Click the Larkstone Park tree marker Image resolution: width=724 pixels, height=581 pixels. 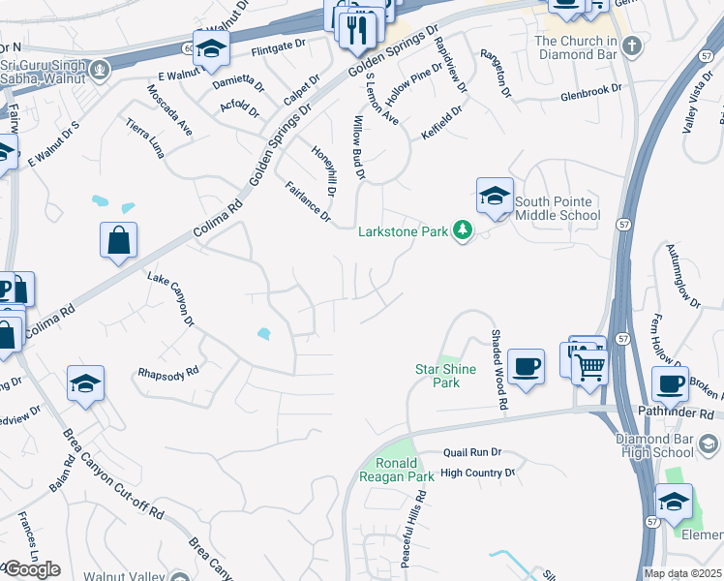(464, 231)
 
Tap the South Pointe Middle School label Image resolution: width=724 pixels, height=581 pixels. (558, 207)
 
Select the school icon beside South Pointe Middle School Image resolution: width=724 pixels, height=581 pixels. (495, 197)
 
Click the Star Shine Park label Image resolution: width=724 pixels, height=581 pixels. (437, 376)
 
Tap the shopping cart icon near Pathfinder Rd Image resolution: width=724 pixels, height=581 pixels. (589, 368)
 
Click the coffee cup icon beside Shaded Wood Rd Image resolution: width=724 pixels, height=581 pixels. (526, 367)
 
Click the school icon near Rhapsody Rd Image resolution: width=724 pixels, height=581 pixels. (85, 383)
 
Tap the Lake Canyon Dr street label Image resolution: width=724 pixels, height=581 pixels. (171, 299)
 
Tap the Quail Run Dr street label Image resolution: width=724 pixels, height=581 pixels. (471, 451)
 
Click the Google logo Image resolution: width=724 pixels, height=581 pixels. (31, 569)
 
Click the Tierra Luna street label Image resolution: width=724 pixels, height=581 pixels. (144, 137)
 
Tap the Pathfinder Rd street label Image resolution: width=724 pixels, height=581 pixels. (677, 413)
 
